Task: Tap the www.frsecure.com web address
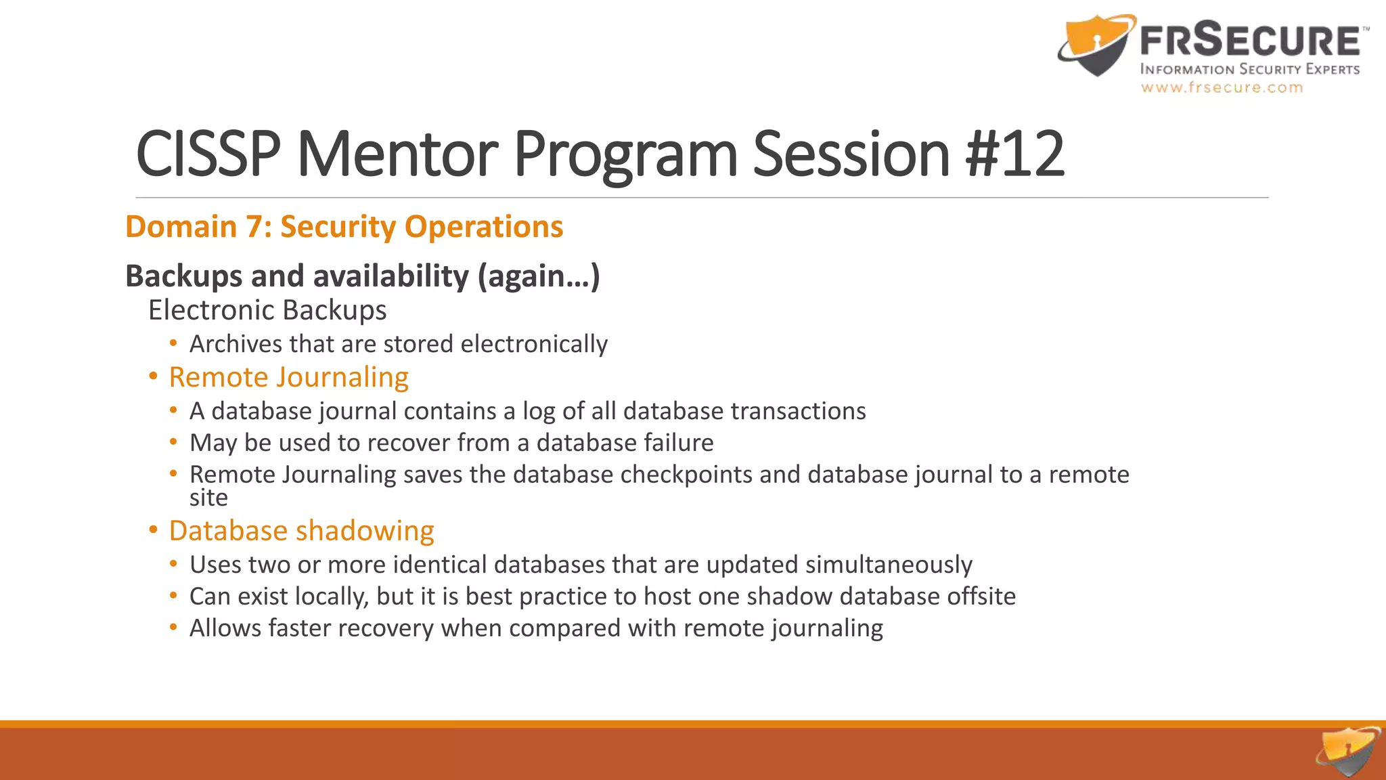pos(1222,87)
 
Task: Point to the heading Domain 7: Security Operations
pos(344,227)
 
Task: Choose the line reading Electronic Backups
pos(267,310)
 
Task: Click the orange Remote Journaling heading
pos(288,377)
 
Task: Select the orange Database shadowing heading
pos(301,531)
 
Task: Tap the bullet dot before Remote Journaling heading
pos(154,376)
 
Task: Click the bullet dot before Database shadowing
pos(154,529)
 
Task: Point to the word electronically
pos(534,344)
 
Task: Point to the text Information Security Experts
pos(1250,69)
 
